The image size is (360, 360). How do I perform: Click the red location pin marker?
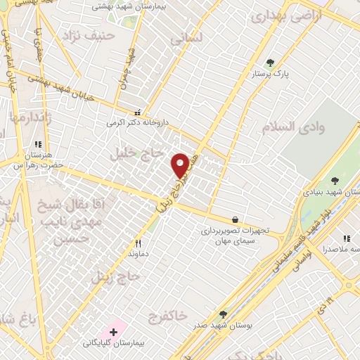(180, 165)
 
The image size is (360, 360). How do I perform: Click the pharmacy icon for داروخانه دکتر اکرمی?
(138, 112)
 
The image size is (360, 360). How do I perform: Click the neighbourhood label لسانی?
(185, 38)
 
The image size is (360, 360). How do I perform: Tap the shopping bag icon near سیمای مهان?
(234, 219)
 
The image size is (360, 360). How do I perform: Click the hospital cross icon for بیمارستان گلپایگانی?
(113, 331)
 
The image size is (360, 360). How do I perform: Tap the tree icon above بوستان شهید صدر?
(224, 314)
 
